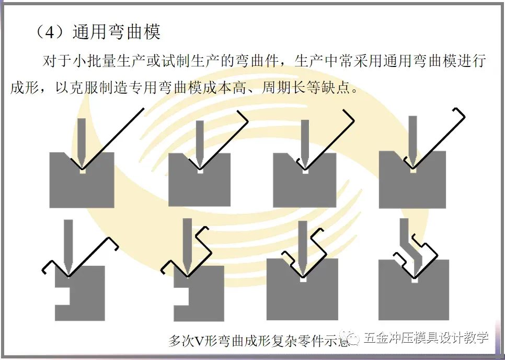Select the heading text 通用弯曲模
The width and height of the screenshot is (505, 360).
tap(116, 32)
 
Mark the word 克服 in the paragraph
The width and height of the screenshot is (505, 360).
tap(79, 86)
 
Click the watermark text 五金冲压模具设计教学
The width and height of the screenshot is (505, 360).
tap(426, 337)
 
